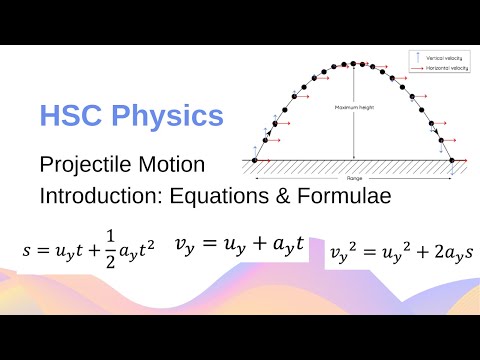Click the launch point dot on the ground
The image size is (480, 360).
coord(254,160)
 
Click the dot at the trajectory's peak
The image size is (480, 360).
coord(353,63)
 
